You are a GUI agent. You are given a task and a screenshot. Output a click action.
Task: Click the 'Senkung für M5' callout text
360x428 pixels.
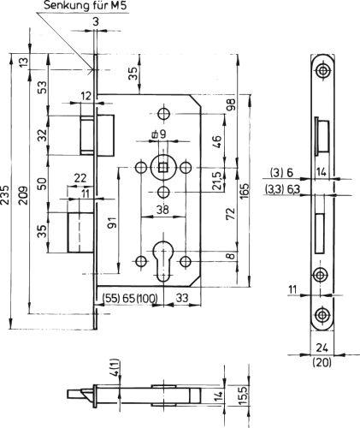(85, 6)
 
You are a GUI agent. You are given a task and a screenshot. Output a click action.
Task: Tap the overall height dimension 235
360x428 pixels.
(4, 195)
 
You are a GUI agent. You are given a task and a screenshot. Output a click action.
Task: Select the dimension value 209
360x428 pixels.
(24, 195)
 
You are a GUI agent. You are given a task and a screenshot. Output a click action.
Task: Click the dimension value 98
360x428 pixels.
(232, 104)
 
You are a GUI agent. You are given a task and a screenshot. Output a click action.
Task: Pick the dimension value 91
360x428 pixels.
(113, 223)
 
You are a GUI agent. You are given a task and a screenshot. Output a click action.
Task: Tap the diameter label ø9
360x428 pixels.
(158, 134)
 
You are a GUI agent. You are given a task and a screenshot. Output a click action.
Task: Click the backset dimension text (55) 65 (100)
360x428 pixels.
(130, 299)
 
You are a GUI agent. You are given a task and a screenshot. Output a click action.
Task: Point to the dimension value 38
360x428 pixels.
(162, 210)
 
